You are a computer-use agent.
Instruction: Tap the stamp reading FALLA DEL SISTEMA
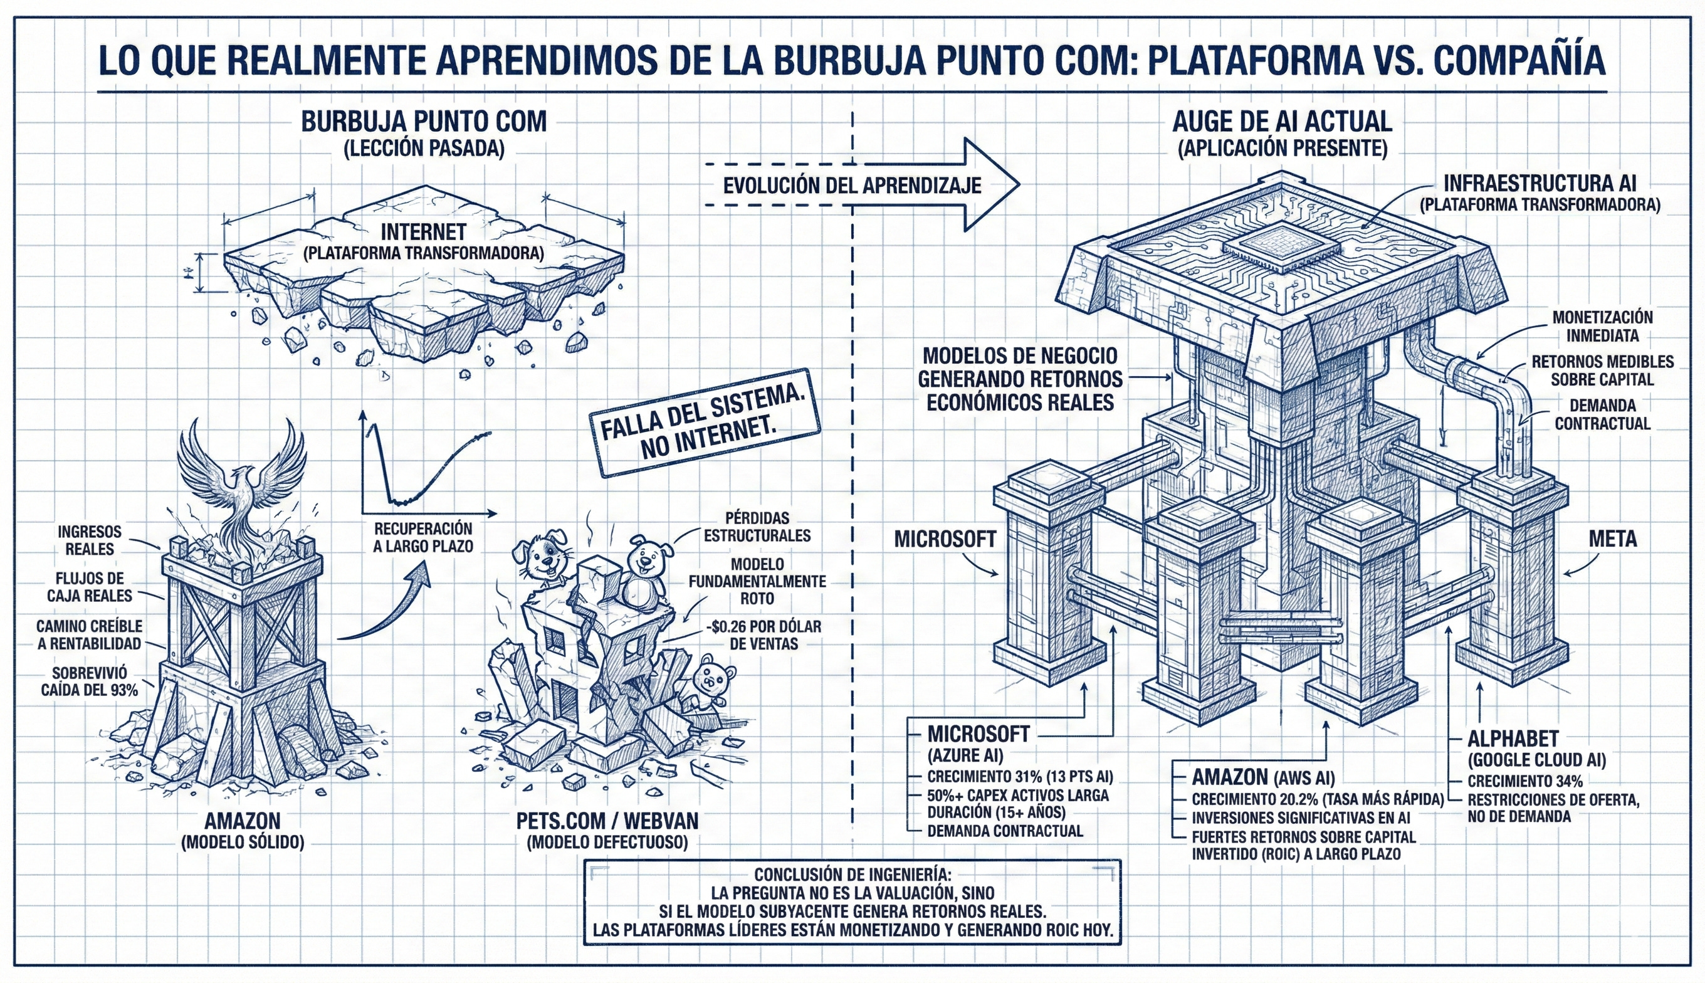click(705, 423)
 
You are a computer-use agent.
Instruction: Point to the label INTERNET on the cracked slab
click(423, 232)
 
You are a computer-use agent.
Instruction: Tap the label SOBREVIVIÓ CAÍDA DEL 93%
click(89, 681)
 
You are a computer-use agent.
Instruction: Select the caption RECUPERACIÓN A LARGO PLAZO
click(423, 537)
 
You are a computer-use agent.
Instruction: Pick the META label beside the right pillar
click(1612, 539)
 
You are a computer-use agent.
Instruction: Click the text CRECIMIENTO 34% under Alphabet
click(1524, 781)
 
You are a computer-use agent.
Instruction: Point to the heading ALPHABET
click(1513, 739)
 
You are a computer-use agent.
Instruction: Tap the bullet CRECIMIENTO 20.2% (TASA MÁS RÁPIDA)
click(1317, 799)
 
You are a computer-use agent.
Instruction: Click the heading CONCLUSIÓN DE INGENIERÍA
click(852, 874)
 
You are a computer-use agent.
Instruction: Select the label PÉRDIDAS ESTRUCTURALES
click(757, 527)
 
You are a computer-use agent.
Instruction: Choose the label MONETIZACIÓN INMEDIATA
click(1602, 326)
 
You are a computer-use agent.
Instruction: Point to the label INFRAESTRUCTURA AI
click(1540, 183)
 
